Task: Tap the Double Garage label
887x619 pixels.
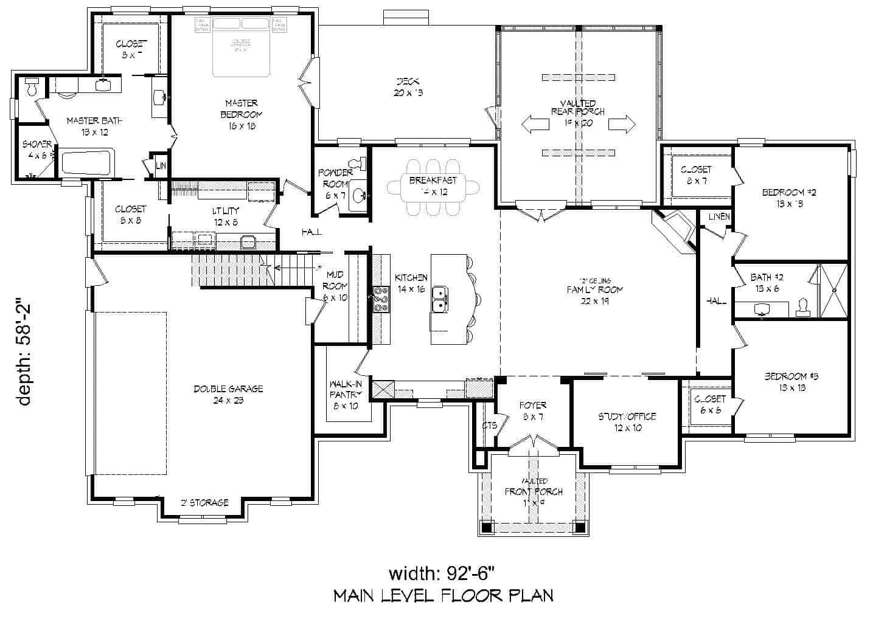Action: [228, 394]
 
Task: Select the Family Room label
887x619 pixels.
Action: [595, 289]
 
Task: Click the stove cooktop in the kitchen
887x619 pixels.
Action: [381, 299]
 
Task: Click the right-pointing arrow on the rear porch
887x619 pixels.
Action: [622, 124]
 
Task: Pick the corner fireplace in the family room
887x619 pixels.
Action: [672, 229]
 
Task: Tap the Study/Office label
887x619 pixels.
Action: [627, 422]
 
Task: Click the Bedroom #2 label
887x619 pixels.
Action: [788, 198]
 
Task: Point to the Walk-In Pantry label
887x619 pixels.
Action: [346, 395]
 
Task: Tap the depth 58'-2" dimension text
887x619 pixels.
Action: [24, 353]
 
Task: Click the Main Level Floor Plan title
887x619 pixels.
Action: [443, 595]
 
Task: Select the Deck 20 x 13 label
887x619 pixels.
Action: [408, 86]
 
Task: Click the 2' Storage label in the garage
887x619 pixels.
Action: [204, 503]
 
